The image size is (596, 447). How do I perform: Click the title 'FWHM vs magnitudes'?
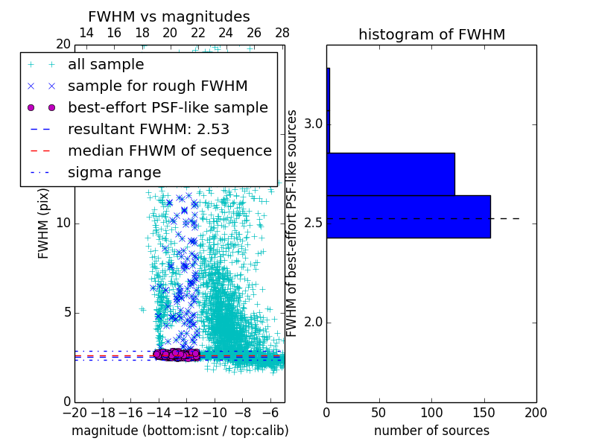169,16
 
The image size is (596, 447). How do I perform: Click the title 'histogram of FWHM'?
431,34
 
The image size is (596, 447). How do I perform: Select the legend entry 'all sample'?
106,65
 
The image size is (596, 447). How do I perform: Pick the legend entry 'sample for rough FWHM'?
157,86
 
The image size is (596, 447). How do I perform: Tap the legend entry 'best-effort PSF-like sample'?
168,108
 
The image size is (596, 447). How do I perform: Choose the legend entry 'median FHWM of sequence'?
169,151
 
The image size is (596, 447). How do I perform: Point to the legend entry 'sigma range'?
114,173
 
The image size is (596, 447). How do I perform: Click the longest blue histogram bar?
408,217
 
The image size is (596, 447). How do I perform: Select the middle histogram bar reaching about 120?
390,174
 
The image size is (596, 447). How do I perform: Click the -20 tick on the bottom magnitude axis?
74,413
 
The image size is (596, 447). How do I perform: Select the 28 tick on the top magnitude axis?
282,33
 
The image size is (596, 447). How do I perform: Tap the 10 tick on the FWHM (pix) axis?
63,223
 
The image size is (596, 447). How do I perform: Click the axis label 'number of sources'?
431,431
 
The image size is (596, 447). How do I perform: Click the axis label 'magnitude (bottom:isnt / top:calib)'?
180,431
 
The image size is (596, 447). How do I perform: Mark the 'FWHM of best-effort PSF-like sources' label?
293,223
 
